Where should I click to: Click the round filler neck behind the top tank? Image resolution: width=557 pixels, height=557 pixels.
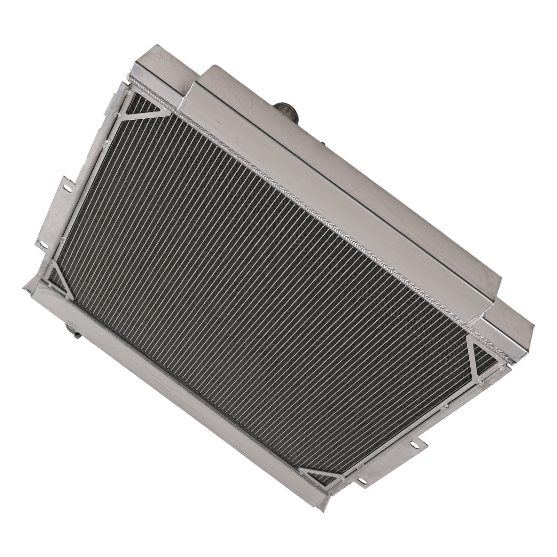click(285, 111)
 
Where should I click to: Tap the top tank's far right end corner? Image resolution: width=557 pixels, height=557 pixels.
click(529, 331)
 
